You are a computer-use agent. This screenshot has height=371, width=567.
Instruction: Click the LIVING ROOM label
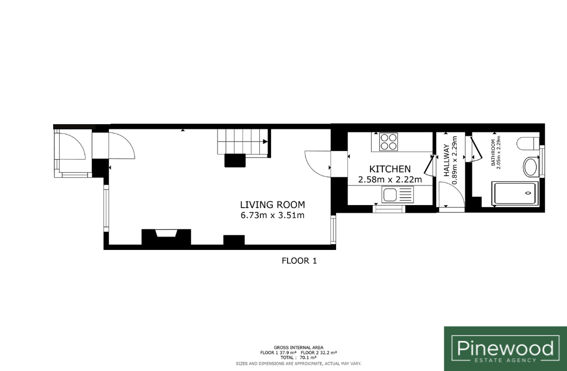(273, 205)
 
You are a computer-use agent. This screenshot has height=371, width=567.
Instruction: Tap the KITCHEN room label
(390, 169)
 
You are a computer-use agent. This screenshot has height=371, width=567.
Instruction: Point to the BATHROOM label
(492, 153)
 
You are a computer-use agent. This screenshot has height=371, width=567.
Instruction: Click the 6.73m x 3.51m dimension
(272, 215)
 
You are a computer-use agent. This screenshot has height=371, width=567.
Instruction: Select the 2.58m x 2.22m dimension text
(390, 179)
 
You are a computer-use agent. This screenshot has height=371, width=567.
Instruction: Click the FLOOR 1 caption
(299, 261)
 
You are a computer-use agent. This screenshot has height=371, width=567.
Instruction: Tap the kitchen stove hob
(388, 142)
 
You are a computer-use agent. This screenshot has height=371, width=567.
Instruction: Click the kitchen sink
(397, 195)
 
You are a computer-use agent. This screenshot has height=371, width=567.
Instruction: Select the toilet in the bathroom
(528, 144)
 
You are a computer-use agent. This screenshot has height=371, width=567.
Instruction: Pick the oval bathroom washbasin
(530, 167)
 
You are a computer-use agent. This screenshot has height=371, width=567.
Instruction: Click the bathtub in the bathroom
(515, 194)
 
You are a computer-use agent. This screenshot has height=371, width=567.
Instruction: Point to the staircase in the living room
(243, 141)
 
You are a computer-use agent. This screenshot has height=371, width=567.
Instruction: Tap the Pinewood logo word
(505, 348)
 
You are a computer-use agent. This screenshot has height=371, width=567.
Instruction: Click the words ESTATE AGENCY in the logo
(505, 360)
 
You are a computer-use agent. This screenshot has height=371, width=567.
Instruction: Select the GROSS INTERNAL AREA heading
(298, 347)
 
